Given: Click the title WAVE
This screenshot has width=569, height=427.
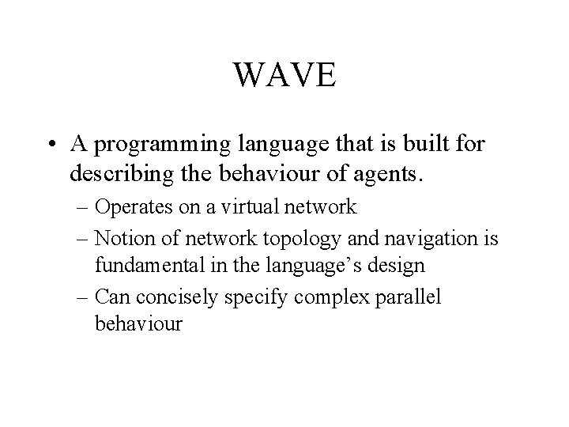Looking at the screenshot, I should [x=285, y=76].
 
